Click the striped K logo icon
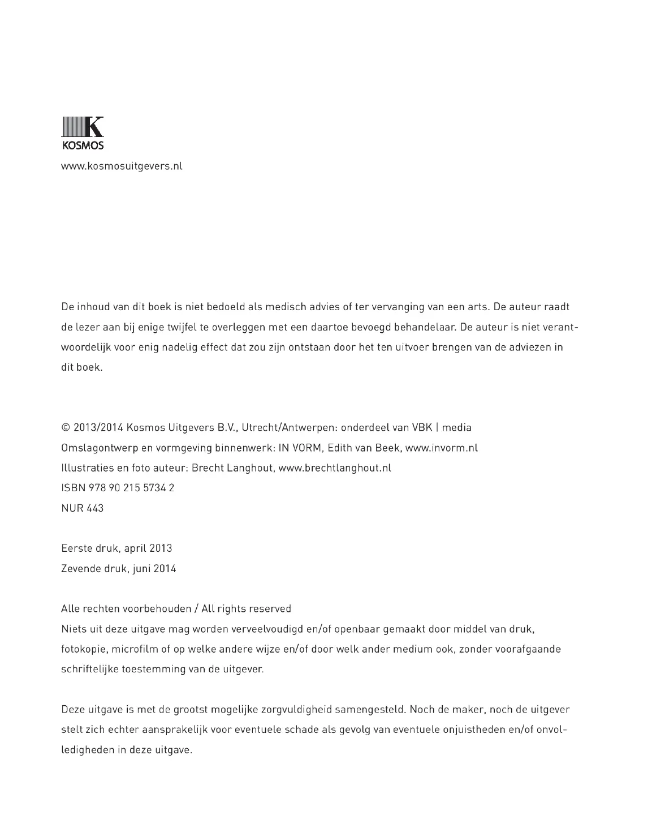click(82, 126)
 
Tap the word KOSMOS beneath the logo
click(83, 145)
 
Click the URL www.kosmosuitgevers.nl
click(122, 166)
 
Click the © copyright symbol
click(66, 427)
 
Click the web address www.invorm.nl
click(442, 448)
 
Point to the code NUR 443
click(83, 508)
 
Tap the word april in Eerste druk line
click(136, 548)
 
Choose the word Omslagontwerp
click(100, 448)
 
